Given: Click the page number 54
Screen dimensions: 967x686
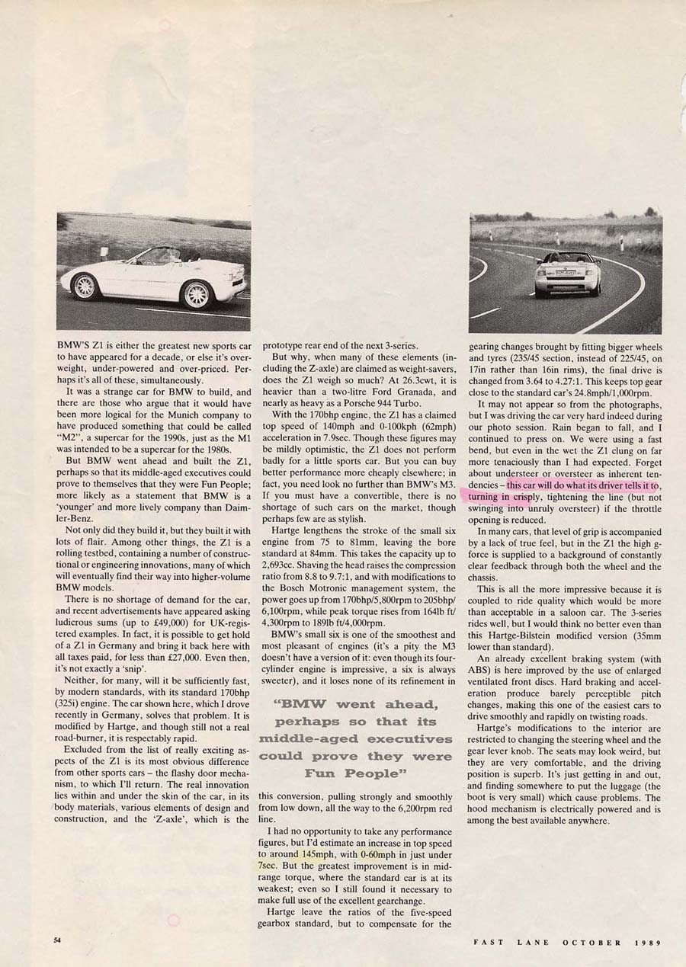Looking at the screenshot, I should point(57,940).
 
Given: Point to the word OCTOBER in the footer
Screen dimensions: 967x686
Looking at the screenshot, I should point(591,942).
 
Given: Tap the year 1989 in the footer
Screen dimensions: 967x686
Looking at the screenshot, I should point(647,942).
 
